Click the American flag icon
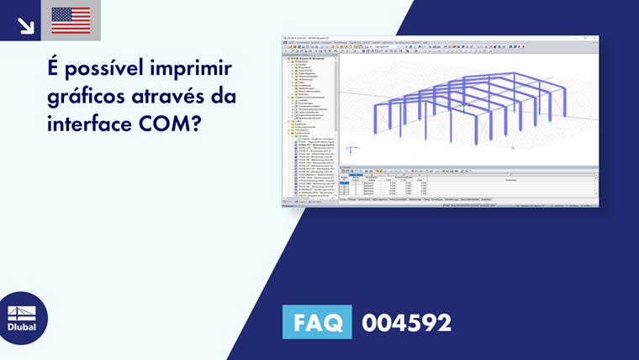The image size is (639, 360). (71, 20)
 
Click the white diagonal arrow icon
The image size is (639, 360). (25, 25)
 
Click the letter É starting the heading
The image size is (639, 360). (54, 68)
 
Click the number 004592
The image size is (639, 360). (406, 322)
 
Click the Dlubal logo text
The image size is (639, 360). (23, 326)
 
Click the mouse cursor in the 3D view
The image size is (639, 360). (512, 147)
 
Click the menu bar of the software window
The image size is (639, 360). (353, 42)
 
